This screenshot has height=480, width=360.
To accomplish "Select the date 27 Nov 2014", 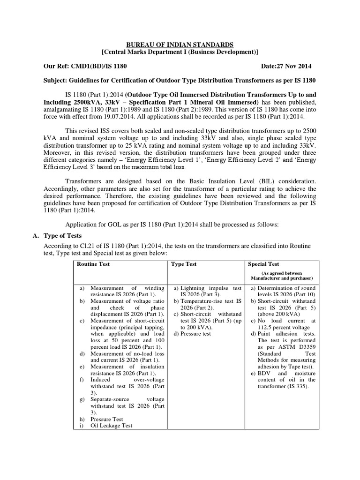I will point(296,66).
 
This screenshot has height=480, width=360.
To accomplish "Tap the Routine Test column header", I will point(94,264).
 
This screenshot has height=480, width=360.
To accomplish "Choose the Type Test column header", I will point(184,264).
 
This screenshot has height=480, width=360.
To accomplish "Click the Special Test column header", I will point(263,264).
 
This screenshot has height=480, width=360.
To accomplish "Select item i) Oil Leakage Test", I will point(112,425).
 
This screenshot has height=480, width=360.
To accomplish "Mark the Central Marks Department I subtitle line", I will point(180,52).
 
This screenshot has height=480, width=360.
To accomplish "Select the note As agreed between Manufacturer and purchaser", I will point(281,276).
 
